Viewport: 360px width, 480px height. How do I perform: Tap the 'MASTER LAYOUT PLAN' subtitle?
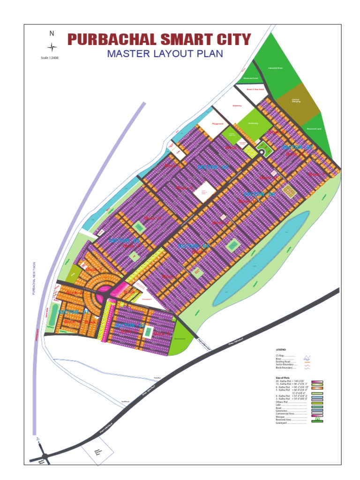(x=165, y=53)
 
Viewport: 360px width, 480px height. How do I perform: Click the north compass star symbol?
(x=52, y=47)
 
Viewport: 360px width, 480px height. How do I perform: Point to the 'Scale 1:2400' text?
(x=50, y=58)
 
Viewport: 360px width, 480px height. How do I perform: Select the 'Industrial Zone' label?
(x=275, y=68)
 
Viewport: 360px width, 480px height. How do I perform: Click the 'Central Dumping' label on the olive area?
(x=296, y=100)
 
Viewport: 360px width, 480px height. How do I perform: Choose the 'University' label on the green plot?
(x=253, y=123)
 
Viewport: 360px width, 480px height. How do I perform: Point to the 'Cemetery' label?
(x=237, y=105)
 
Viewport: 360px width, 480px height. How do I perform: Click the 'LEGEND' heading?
(x=281, y=350)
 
